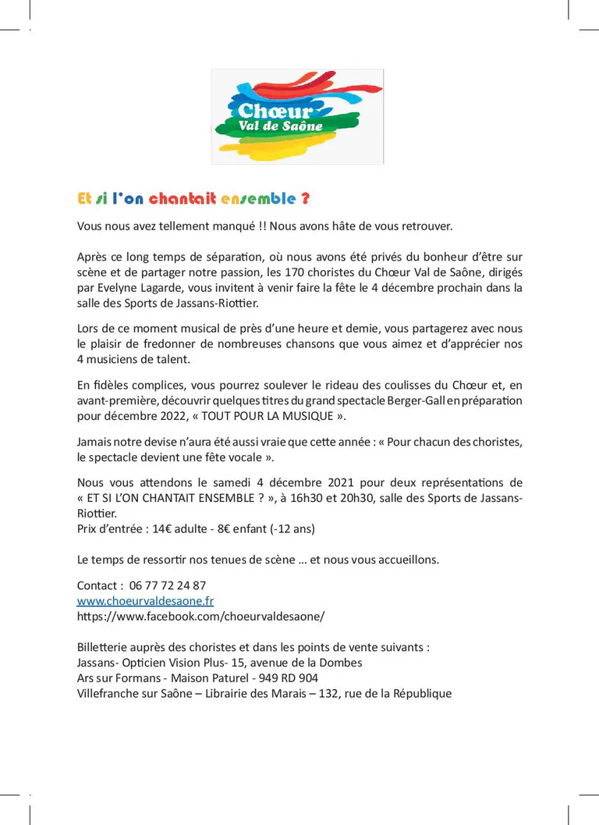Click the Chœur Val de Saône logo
pyautogui.click(x=297, y=116)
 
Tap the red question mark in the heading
pyautogui.click(x=305, y=199)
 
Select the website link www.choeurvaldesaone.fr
pyautogui.click(x=145, y=601)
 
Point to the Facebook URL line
pyautogui.click(x=200, y=616)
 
